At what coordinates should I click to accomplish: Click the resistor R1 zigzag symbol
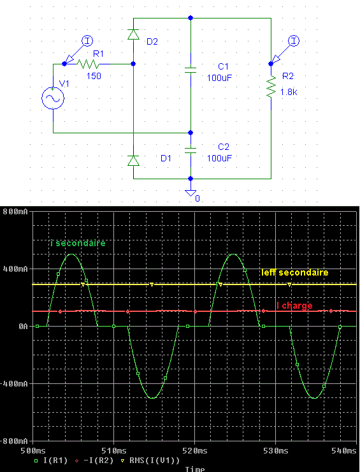point(88,64)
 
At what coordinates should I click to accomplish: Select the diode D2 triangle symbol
point(134,34)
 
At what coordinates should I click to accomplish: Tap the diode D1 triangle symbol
point(134,161)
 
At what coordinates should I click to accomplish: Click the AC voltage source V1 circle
point(53,98)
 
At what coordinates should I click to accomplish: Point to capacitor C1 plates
point(191,70)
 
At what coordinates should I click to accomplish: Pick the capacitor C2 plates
point(191,151)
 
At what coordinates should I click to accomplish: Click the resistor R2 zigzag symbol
point(271,87)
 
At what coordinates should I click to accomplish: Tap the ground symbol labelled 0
point(191,193)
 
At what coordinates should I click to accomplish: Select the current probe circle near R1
point(87,41)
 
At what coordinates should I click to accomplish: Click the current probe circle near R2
point(294,41)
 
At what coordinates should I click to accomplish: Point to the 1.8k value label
point(289,92)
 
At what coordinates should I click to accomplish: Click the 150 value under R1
point(94,76)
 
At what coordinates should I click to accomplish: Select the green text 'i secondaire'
point(78,243)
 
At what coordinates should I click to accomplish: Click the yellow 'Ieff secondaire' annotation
point(295,272)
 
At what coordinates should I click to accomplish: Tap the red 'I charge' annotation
point(294,306)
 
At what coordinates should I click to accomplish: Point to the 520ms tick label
point(194,450)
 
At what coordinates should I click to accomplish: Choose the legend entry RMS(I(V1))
point(154,461)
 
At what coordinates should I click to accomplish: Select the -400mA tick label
point(14,384)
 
